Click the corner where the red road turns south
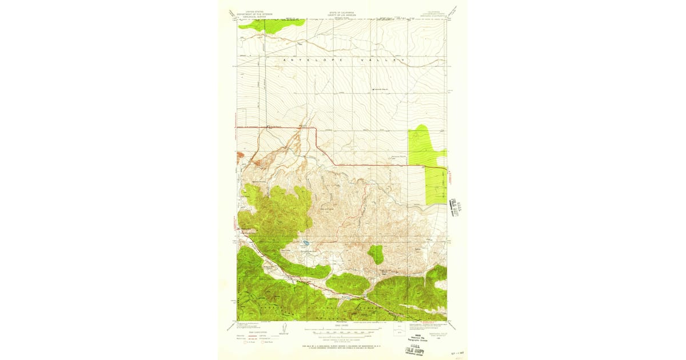(316, 128)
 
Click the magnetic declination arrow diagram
(284, 330)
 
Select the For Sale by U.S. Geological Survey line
(342, 346)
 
